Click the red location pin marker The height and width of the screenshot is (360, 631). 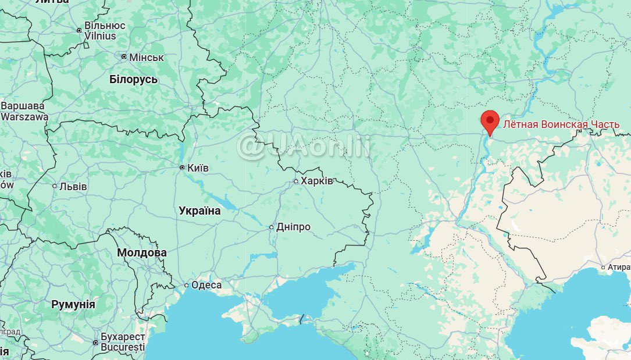point(490,122)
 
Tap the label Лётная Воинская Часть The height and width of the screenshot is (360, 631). point(561,124)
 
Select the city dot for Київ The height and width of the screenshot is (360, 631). point(182,167)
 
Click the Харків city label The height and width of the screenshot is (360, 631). point(317,181)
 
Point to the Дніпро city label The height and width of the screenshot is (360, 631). point(293,227)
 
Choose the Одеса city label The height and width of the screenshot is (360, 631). point(206,285)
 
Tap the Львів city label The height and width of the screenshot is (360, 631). point(73,187)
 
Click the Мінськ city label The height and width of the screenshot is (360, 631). point(146,58)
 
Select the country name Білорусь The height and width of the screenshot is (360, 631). point(133,80)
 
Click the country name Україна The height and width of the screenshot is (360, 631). point(199,211)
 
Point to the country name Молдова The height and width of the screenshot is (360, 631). point(142,252)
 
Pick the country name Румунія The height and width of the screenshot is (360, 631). point(73,304)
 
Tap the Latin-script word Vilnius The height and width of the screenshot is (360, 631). point(100,36)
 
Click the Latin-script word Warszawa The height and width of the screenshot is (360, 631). point(24,116)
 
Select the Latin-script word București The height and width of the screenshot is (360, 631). point(122,347)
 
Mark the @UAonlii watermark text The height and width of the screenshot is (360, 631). point(303,145)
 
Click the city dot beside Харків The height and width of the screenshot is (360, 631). point(295,181)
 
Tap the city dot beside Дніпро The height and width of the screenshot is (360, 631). point(271,227)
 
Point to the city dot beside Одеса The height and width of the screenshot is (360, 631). point(186,285)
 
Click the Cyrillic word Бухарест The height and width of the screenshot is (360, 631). point(122,337)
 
